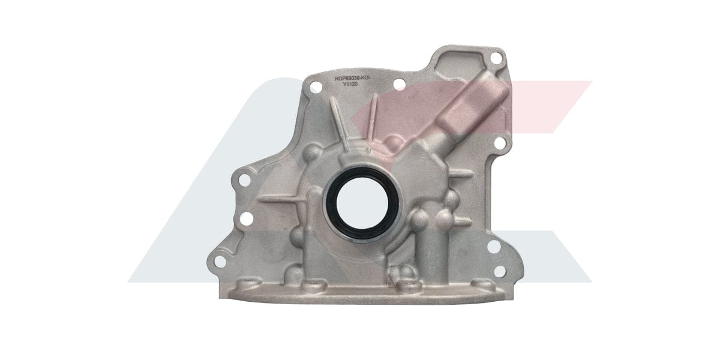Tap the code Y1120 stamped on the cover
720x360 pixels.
click(350, 85)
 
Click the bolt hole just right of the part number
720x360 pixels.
click(398, 85)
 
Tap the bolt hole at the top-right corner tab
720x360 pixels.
click(496, 58)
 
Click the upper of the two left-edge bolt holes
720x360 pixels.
click(244, 179)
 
